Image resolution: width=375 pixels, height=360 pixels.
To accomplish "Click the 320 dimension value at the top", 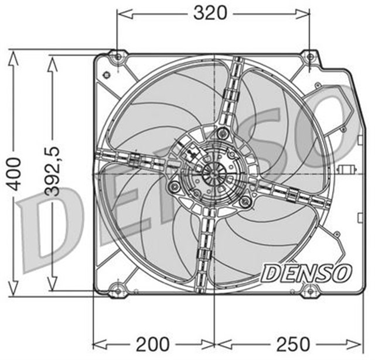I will pos(210,12).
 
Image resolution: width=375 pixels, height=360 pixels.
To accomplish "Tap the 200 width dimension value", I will pos(154,344).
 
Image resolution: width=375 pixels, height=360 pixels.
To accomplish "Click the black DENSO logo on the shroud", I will pos(306,272).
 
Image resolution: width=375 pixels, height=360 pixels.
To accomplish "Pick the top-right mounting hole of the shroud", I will pos(309,56).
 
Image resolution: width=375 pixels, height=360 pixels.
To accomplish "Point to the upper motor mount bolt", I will pos(221,133).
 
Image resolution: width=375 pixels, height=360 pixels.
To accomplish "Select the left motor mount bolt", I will pos(173,187).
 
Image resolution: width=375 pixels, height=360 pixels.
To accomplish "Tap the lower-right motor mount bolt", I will pos(246,202).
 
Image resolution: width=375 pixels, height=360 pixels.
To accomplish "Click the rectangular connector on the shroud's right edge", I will pos(345,170).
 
